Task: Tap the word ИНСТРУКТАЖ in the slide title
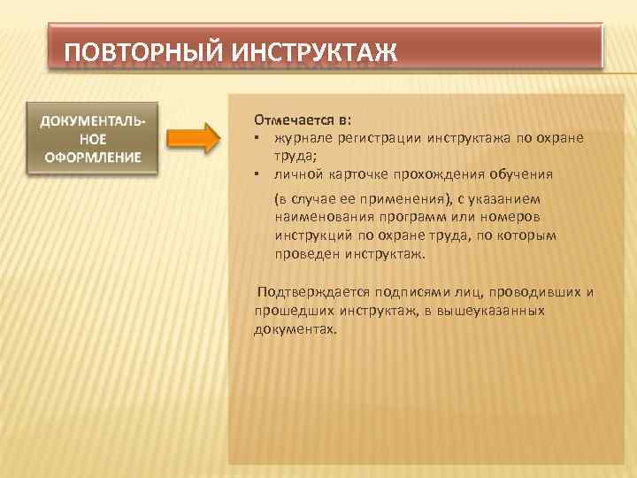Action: (x=315, y=50)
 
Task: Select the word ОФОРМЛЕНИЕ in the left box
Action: (x=93, y=158)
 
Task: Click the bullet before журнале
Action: (x=255, y=138)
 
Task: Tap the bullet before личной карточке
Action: (x=255, y=174)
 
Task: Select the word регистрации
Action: (x=380, y=138)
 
